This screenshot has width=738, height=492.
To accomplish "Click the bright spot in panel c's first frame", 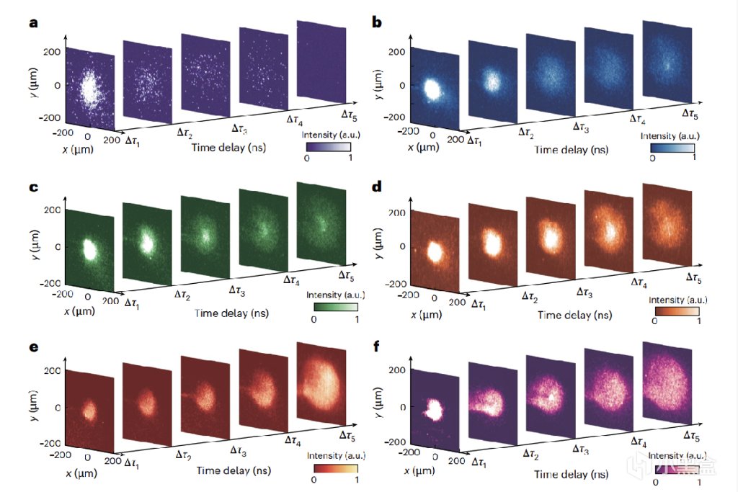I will coord(90,249).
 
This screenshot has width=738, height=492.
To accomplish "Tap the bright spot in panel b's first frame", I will coord(432,89).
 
